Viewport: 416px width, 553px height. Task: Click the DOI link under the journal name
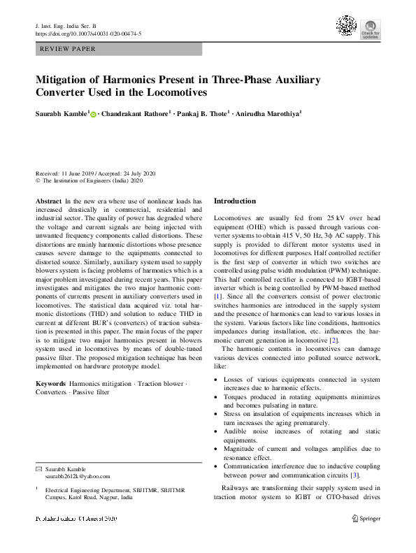(x=88, y=34)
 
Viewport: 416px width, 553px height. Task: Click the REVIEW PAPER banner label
(x=69, y=50)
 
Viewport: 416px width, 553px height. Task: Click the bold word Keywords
(x=50, y=384)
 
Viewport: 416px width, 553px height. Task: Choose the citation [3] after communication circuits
(x=354, y=475)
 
